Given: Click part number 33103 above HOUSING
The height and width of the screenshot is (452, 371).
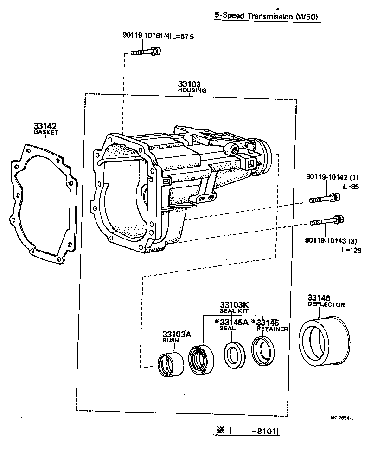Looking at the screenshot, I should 189,84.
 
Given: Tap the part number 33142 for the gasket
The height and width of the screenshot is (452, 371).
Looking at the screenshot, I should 45,126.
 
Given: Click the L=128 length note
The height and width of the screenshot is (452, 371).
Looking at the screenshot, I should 351,250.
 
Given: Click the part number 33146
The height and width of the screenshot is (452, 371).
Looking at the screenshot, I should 319,298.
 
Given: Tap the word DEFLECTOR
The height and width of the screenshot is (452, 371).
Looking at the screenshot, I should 326,305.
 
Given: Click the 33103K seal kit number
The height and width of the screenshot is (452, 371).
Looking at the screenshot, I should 234,304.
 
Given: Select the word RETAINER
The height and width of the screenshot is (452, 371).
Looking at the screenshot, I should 272,329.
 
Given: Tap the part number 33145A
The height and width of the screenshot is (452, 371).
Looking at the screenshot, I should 234,323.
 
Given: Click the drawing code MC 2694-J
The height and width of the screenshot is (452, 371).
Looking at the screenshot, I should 342,418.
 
